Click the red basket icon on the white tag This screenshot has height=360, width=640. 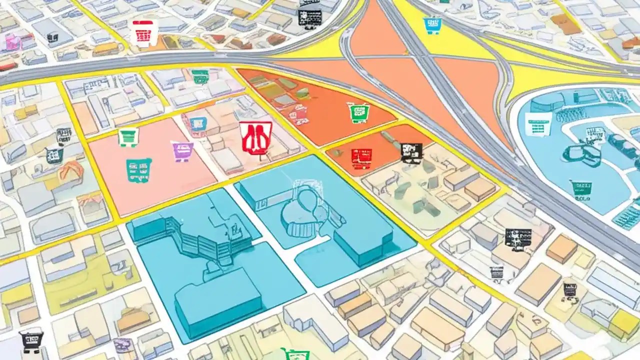coord(143,34)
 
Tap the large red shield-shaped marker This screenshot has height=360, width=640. coord(256,137)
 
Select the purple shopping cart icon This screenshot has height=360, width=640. coord(183,150)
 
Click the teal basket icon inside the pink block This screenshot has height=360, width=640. coord(138,170)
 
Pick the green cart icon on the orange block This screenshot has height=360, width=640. coord(358,112)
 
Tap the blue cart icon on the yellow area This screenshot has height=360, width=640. coord(432,25)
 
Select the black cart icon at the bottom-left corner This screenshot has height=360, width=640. coord(31,341)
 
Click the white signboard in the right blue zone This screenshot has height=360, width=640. coord(538,124)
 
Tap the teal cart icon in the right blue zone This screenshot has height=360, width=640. coord(581,188)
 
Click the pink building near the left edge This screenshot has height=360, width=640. coord(12,42)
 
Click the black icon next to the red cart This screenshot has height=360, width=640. coord(411,152)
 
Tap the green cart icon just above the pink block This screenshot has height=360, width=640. coord(128,136)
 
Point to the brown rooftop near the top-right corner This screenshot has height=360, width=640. coord(566,23)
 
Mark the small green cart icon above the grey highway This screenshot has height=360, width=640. coord(200,76)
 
